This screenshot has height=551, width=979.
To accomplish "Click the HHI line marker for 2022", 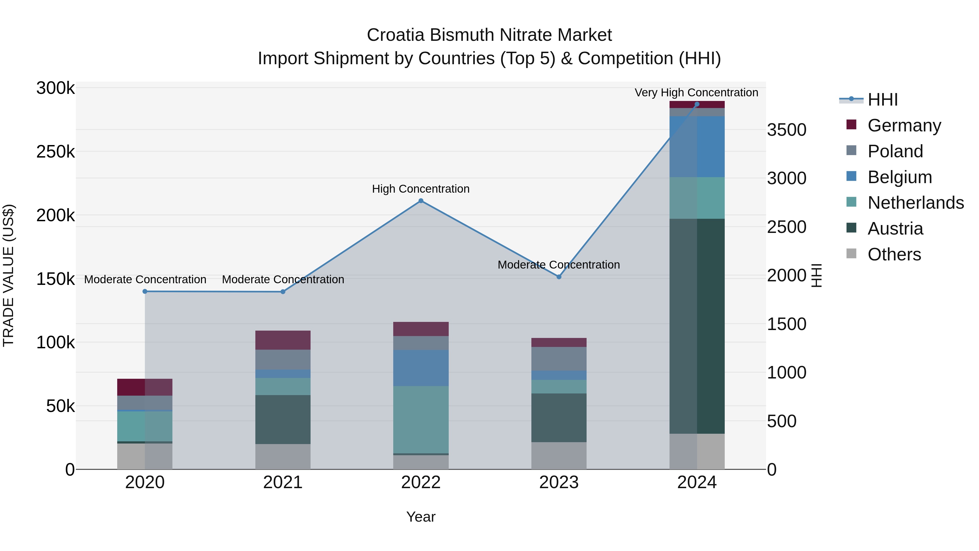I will click(421, 201).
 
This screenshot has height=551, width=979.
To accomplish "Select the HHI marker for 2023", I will click(559, 277).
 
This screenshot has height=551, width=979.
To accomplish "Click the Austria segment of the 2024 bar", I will click(697, 326).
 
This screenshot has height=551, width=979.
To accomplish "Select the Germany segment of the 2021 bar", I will click(283, 340).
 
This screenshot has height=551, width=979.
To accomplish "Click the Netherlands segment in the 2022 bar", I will click(421, 419).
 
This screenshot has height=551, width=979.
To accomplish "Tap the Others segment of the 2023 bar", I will click(559, 455).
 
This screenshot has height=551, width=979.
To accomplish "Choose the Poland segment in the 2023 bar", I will click(559, 359).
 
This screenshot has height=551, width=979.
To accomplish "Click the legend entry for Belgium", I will click(899, 177).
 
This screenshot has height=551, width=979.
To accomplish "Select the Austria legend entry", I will click(895, 229).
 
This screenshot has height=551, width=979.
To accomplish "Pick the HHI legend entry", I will click(882, 100).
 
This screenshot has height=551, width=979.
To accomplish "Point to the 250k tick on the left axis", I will click(55, 152).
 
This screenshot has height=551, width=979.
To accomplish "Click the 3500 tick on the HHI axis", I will click(786, 130).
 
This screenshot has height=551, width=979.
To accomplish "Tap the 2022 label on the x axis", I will click(421, 482).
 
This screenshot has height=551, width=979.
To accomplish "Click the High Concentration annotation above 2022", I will click(421, 189).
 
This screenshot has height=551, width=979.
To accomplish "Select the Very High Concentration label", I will click(696, 93).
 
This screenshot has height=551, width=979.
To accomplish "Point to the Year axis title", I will click(421, 517).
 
